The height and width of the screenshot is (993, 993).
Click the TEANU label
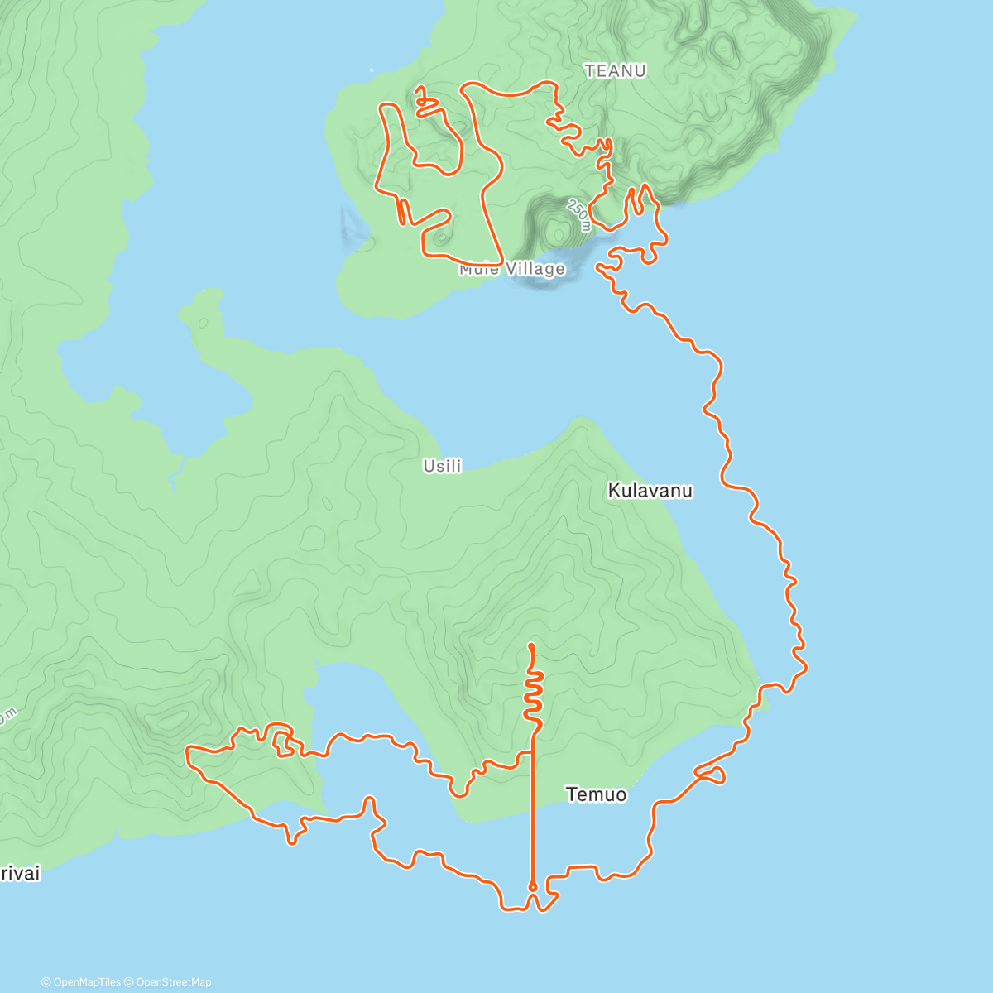click(x=615, y=71)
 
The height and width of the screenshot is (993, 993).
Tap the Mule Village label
click(x=512, y=269)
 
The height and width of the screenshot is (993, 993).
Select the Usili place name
click(x=442, y=466)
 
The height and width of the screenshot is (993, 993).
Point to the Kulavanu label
click(x=650, y=491)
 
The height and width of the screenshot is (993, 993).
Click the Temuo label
click(x=596, y=794)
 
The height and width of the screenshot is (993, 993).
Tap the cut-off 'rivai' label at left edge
click(x=20, y=874)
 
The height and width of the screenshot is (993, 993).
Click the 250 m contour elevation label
click(x=579, y=214)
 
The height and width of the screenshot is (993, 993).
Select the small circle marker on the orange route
click(x=532, y=887)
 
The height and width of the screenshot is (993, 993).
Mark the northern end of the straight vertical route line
click(x=531, y=645)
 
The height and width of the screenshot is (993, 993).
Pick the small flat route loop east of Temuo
click(x=712, y=774)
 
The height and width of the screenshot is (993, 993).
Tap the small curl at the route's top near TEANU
click(x=423, y=99)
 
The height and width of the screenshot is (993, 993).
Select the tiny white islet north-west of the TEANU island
click(x=372, y=70)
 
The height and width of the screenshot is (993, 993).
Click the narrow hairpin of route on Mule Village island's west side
click(x=402, y=212)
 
